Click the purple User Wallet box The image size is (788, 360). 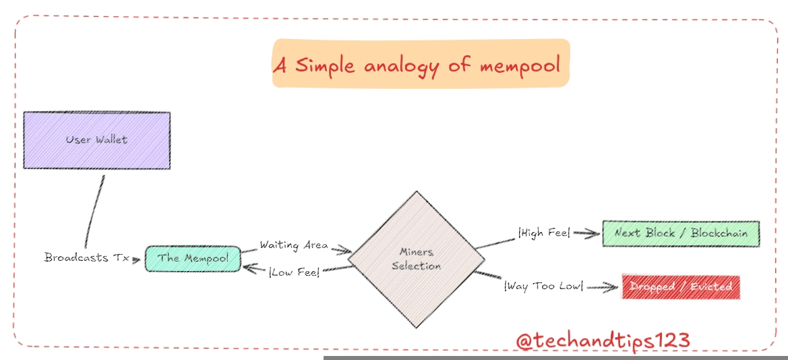pyautogui.click(x=96, y=140)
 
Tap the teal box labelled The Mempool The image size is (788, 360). pyautogui.click(x=192, y=258)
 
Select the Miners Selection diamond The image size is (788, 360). pyautogui.click(x=416, y=259)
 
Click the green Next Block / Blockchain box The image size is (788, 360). pyautogui.click(x=680, y=233)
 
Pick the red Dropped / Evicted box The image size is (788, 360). pyautogui.click(x=680, y=287)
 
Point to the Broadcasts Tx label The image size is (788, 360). pyautogui.click(x=86, y=258)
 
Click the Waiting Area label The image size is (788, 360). pyautogui.click(x=294, y=245)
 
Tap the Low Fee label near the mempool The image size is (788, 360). pyautogui.click(x=294, y=272)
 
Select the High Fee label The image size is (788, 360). pyautogui.click(x=543, y=233)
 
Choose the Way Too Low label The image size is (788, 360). pyautogui.click(x=543, y=287)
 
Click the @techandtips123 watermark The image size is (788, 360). pyautogui.click(x=603, y=340)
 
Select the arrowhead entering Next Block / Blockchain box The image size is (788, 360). pyautogui.click(x=594, y=234)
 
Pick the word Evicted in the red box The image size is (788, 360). pyautogui.click(x=709, y=287)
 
